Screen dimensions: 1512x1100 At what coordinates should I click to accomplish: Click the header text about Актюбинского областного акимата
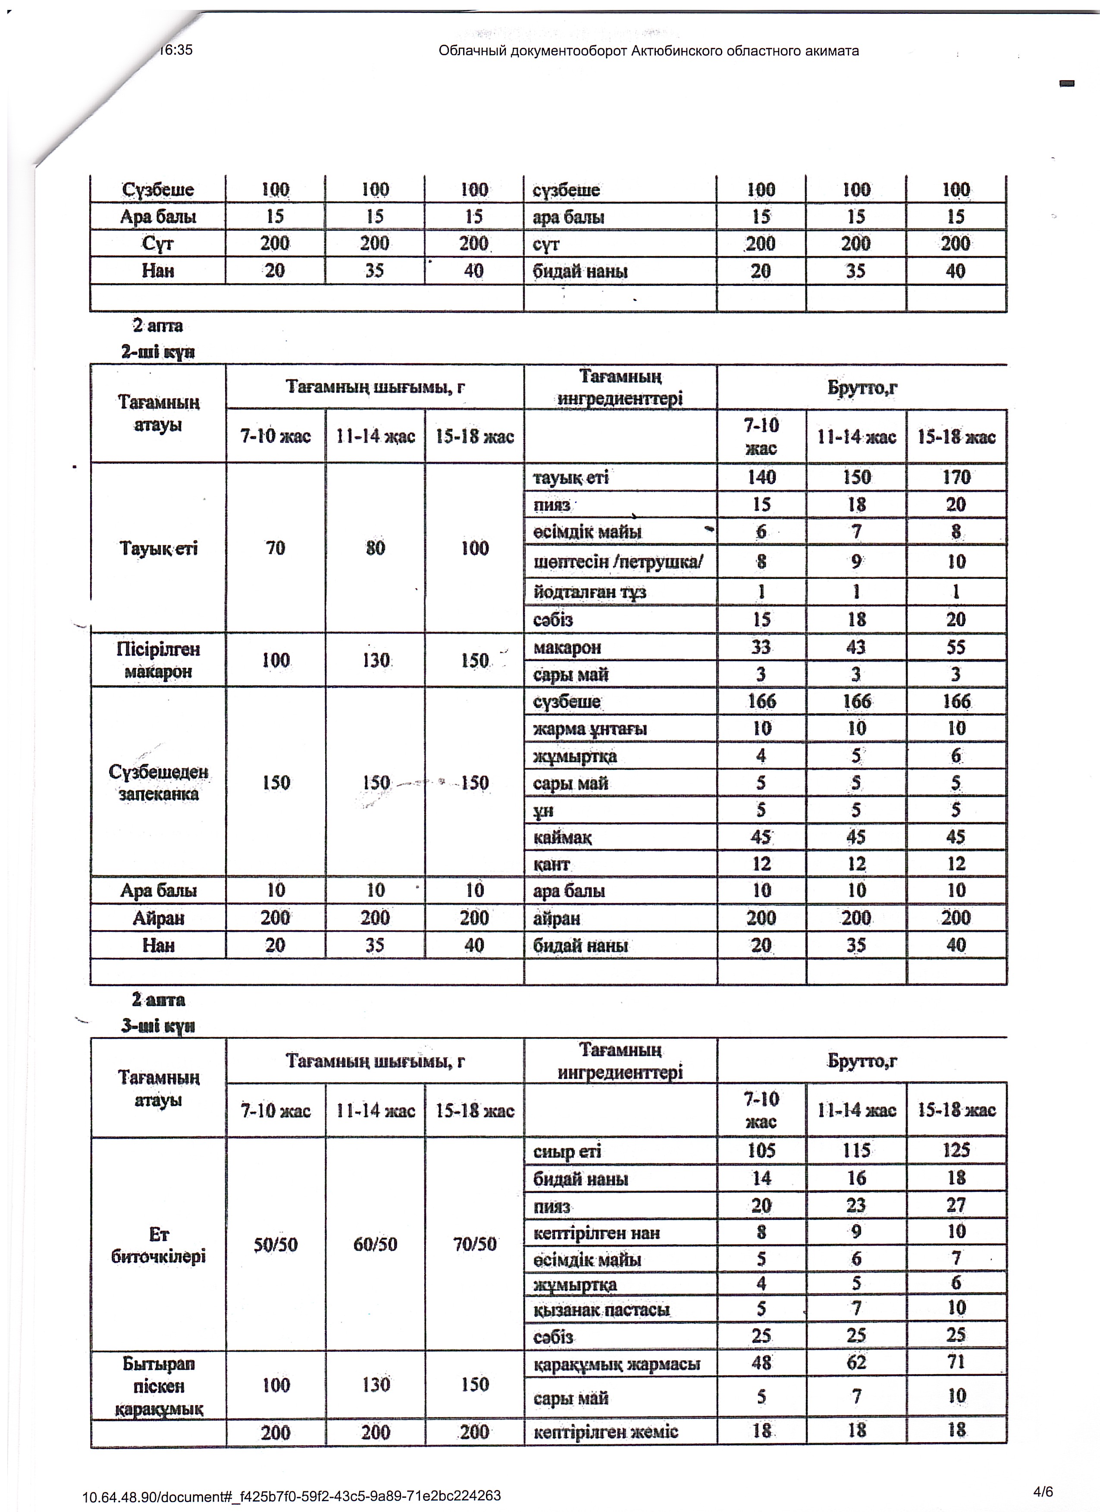pyautogui.click(x=649, y=51)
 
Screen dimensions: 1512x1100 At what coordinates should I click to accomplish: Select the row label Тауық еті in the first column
pyautogui.click(x=158, y=549)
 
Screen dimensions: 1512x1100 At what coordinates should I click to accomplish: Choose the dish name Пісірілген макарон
pyautogui.click(x=158, y=660)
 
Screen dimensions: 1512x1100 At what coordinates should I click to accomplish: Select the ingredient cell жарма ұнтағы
pyautogui.click(x=590, y=729)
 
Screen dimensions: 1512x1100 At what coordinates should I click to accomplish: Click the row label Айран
pyautogui.click(x=158, y=918)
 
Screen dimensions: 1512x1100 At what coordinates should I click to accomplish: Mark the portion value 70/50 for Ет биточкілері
pyautogui.click(x=474, y=1245)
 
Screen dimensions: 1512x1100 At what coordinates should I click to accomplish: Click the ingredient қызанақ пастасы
pyautogui.click(x=602, y=1310)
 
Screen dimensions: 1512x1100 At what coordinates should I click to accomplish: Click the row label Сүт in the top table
pyautogui.click(x=158, y=244)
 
